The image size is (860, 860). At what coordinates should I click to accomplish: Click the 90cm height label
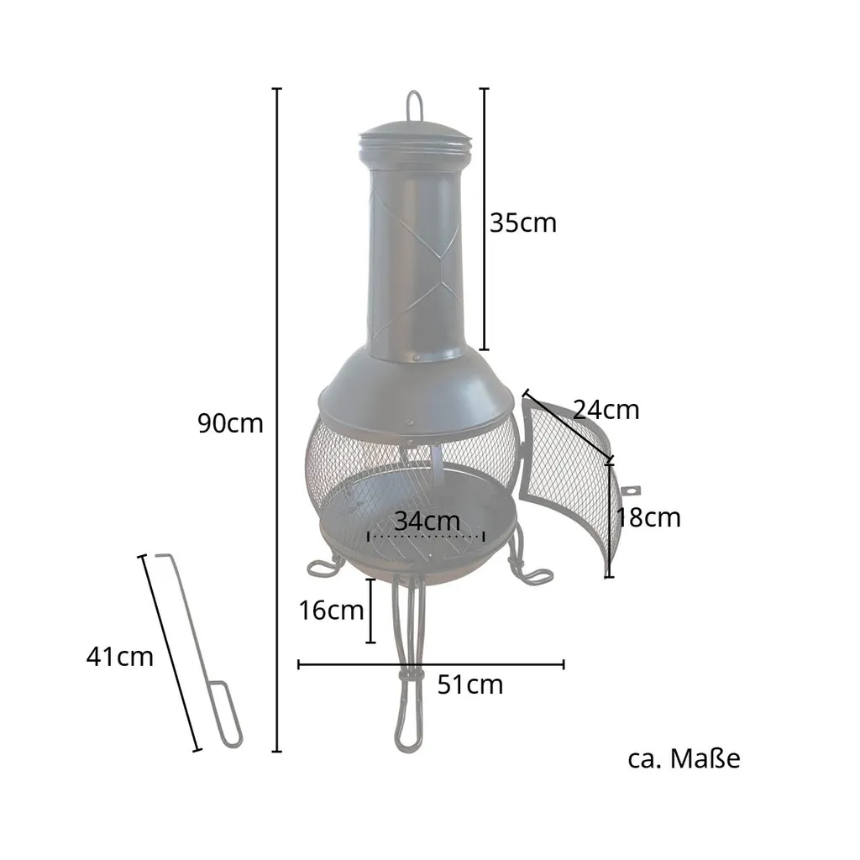point(230,423)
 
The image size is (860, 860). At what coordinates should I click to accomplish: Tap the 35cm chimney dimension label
point(522,223)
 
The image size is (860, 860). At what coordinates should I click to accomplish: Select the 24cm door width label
point(606,410)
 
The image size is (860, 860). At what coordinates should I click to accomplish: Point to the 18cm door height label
point(649,517)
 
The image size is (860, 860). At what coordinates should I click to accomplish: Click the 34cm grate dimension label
point(427,521)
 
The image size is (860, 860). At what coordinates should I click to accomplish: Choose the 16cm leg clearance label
point(331,610)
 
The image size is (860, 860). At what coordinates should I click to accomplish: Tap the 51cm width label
point(470,684)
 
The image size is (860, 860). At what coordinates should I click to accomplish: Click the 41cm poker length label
point(119,657)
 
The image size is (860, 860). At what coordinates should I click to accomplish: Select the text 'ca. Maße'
point(684,758)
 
